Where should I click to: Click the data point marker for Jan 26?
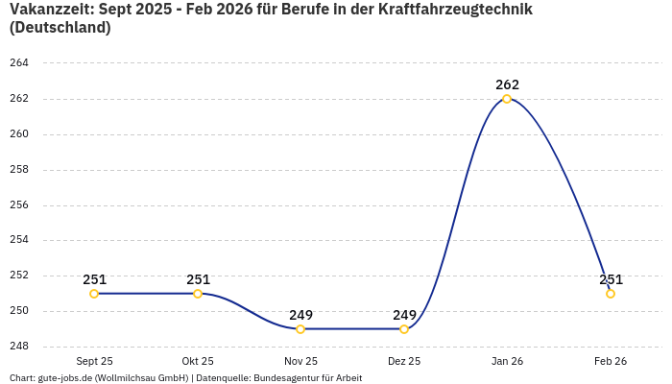coord(507,99)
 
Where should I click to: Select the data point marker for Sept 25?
coord(94,294)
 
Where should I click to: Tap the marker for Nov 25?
coord(300,329)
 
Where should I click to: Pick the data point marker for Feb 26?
coord(611,294)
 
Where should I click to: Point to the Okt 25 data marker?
coord(198,294)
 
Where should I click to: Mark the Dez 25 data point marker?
coord(404,329)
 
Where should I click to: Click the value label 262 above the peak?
coord(507,84)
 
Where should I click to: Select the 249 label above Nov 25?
coord(300,315)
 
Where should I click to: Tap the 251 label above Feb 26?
coord(611,279)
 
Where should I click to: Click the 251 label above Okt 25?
coord(198,279)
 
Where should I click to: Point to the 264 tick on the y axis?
coord(19,63)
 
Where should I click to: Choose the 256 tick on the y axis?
coord(19,205)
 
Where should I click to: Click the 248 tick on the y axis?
coord(19,347)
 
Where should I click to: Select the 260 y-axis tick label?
coord(19,134)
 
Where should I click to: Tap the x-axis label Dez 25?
coord(404,361)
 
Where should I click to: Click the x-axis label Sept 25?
coord(94,361)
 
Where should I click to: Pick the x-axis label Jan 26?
coord(507,361)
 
